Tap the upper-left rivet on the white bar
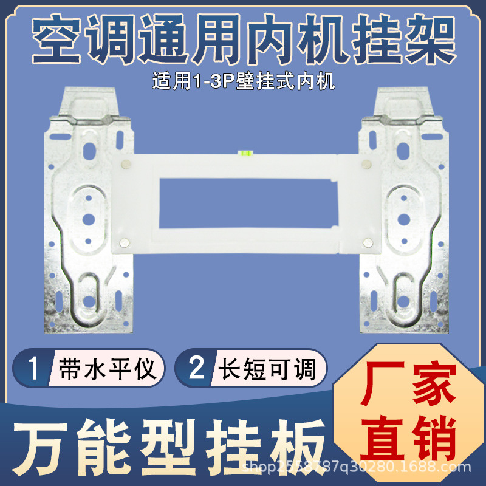125,163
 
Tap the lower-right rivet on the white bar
366,243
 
